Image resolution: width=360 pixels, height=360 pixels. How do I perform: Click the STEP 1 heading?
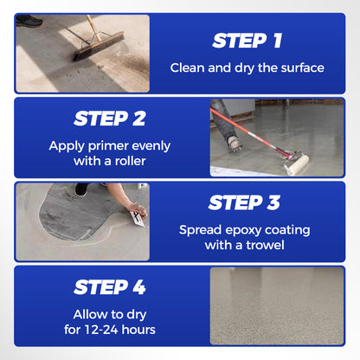(x=248, y=40)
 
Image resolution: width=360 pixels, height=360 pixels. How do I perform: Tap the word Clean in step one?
(x=186, y=67)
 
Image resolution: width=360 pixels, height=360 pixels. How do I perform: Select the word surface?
(x=300, y=67)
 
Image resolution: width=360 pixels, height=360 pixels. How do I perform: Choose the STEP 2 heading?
(x=109, y=119)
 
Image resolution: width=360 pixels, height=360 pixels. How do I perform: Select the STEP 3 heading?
(x=248, y=202)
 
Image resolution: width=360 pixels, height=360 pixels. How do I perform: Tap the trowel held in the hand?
(x=137, y=216)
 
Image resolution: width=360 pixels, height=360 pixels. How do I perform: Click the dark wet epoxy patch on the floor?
(x=87, y=221)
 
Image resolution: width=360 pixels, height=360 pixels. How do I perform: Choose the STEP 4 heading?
(x=109, y=286)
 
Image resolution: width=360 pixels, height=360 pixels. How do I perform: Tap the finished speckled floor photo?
(x=276, y=305)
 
